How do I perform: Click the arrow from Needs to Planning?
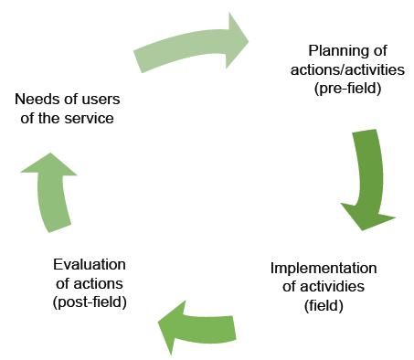click(187, 46)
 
